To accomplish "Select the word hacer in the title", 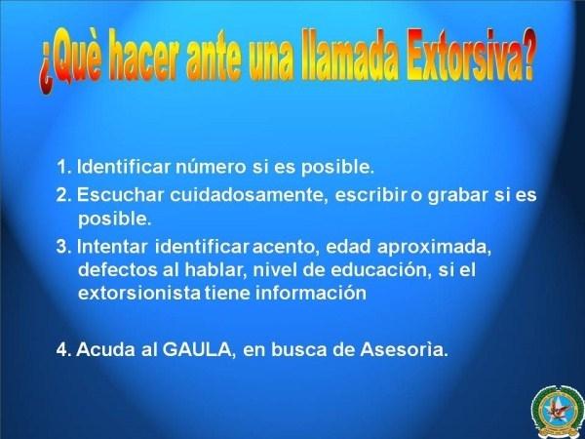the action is pyautogui.click(x=143, y=56).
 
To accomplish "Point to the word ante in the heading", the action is pyautogui.click(x=213, y=57).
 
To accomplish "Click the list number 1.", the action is pyautogui.click(x=63, y=167).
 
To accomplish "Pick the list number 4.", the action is pyautogui.click(x=63, y=350).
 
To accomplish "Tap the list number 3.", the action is pyautogui.click(x=63, y=247).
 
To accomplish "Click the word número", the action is pyautogui.click(x=211, y=167).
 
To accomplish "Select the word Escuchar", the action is pyautogui.click(x=121, y=195).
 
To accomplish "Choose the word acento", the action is pyautogui.click(x=286, y=247).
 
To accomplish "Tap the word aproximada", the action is pyautogui.click(x=434, y=248).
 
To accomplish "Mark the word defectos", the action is pyautogui.click(x=118, y=269).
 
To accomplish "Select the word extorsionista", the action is pyautogui.click(x=139, y=293).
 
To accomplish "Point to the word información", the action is pyautogui.click(x=311, y=293).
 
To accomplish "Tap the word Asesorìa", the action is pyautogui.click(x=404, y=350).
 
